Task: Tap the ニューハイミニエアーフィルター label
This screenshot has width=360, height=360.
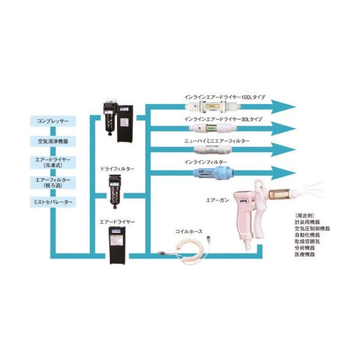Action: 217,140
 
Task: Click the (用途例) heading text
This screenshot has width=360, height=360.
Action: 305,215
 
